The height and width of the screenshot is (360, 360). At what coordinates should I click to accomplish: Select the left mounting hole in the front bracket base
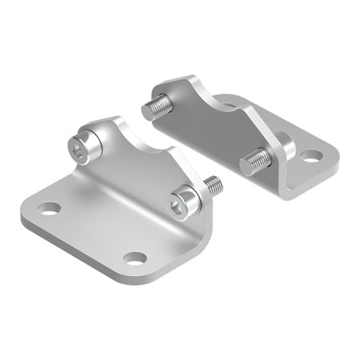pyautogui.click(x=50, y=209)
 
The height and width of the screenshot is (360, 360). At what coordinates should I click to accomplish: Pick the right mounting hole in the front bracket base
pyautogui.click(x=136, y=258)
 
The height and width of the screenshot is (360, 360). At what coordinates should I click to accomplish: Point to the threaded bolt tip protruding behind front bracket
pyautogui.click(x=214, y=186)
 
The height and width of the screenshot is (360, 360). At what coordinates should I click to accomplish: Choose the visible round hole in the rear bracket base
pyautogui.click(x=310, y=155)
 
